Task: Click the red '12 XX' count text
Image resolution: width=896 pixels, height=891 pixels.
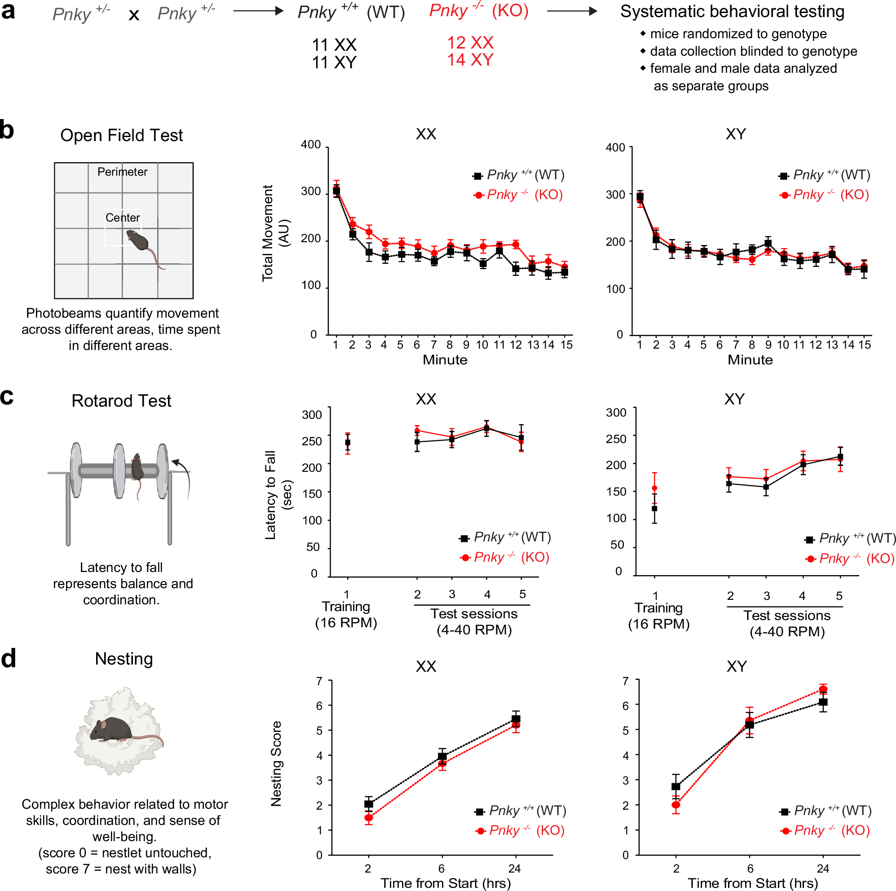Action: click(x=470, y=43)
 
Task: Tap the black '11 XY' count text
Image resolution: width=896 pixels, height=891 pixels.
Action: click(x=334, y=62)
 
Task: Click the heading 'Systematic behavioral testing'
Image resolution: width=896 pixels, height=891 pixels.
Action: click(x=732, y=12)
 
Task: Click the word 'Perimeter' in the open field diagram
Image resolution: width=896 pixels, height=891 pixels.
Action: click(x=123, y=172)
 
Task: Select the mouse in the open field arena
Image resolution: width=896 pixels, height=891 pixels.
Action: click(x=139, y=242)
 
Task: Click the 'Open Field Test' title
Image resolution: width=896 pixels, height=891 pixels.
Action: click(x=122, y=135)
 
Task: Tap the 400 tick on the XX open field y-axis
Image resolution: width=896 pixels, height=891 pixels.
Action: click(x=310, y=145)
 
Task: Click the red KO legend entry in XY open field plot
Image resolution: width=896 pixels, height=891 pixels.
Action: click(x=824, y=195)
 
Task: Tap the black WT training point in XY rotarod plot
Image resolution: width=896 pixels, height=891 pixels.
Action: click(x=654, y=509)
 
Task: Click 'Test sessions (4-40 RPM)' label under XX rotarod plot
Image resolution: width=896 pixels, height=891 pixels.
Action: click(x=473, y=621)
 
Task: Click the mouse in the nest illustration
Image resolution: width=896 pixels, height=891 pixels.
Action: click(x=111, y=729)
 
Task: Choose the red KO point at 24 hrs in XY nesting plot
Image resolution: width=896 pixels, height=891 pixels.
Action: click(x=823, y=689)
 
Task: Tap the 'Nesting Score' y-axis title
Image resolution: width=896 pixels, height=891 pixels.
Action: click(x=276, y=763)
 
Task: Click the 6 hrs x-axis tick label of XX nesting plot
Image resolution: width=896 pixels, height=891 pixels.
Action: click(x=441, y=868)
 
